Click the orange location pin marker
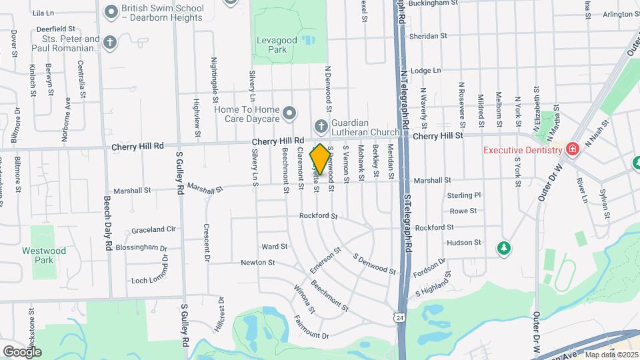click(x=320, y=159)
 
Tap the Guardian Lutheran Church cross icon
click(x=321, y=126)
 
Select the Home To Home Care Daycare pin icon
click(x=289, y=115)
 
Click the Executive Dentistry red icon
click(x=571, y=149)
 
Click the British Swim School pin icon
click(x=111, y=12)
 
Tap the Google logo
click(x=22, y=351)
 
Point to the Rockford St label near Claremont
click(x=319, y=216)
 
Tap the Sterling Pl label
click(x=464, y=195)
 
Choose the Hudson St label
click(x=464, y=243)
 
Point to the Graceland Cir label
click(x=153, y=229)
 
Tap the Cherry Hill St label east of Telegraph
click(x=437, y=135)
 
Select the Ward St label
click(x=274, y=247)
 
